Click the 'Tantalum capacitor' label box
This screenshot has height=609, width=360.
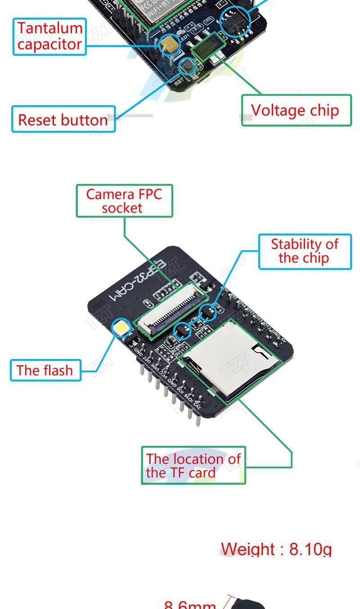(49, 36)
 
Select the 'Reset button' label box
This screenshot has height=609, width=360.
(63, 120)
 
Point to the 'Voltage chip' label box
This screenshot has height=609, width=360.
(296, 110)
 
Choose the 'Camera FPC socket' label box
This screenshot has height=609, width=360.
(124, 201)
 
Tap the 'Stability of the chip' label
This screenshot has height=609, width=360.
(304, 251)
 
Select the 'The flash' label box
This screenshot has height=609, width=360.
(45, 370)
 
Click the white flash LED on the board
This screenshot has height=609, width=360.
(121, 329)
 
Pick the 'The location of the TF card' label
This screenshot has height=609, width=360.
(193, 466)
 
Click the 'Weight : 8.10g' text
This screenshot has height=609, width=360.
(276, 549)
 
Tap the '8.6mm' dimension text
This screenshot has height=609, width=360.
(190, 604)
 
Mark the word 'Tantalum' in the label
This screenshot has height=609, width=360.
(50, 28)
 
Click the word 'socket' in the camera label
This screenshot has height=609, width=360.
(121, 208)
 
